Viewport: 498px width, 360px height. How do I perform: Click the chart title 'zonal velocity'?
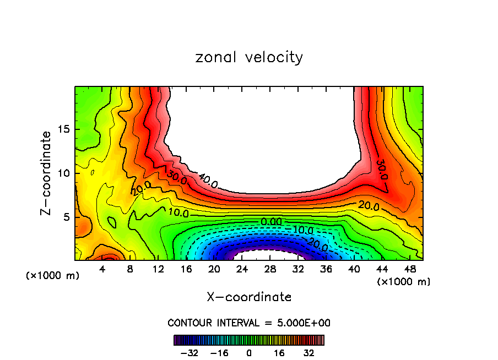click(x=249, y=57)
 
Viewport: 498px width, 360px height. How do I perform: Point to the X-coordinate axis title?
click(x=249, y=297)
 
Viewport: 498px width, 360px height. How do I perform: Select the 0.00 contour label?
click(x=271, y=221)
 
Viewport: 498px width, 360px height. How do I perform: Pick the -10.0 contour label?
click(x=302, y=230)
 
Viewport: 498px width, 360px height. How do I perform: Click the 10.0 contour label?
click(x=178, y=212)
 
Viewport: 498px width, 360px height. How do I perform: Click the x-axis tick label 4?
click(x=102, y=270)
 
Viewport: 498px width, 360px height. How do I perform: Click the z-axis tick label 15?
click(x=63, y=130)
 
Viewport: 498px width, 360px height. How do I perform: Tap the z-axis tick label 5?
click(x=66, y=217)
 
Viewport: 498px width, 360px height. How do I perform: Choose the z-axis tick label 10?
click(x=63, y=173)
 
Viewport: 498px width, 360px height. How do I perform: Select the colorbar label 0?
click(x=249, y=353)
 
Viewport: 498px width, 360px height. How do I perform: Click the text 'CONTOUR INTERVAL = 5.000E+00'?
click(x=249, y=323)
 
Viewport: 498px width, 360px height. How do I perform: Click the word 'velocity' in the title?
click(x=274, y=57)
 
